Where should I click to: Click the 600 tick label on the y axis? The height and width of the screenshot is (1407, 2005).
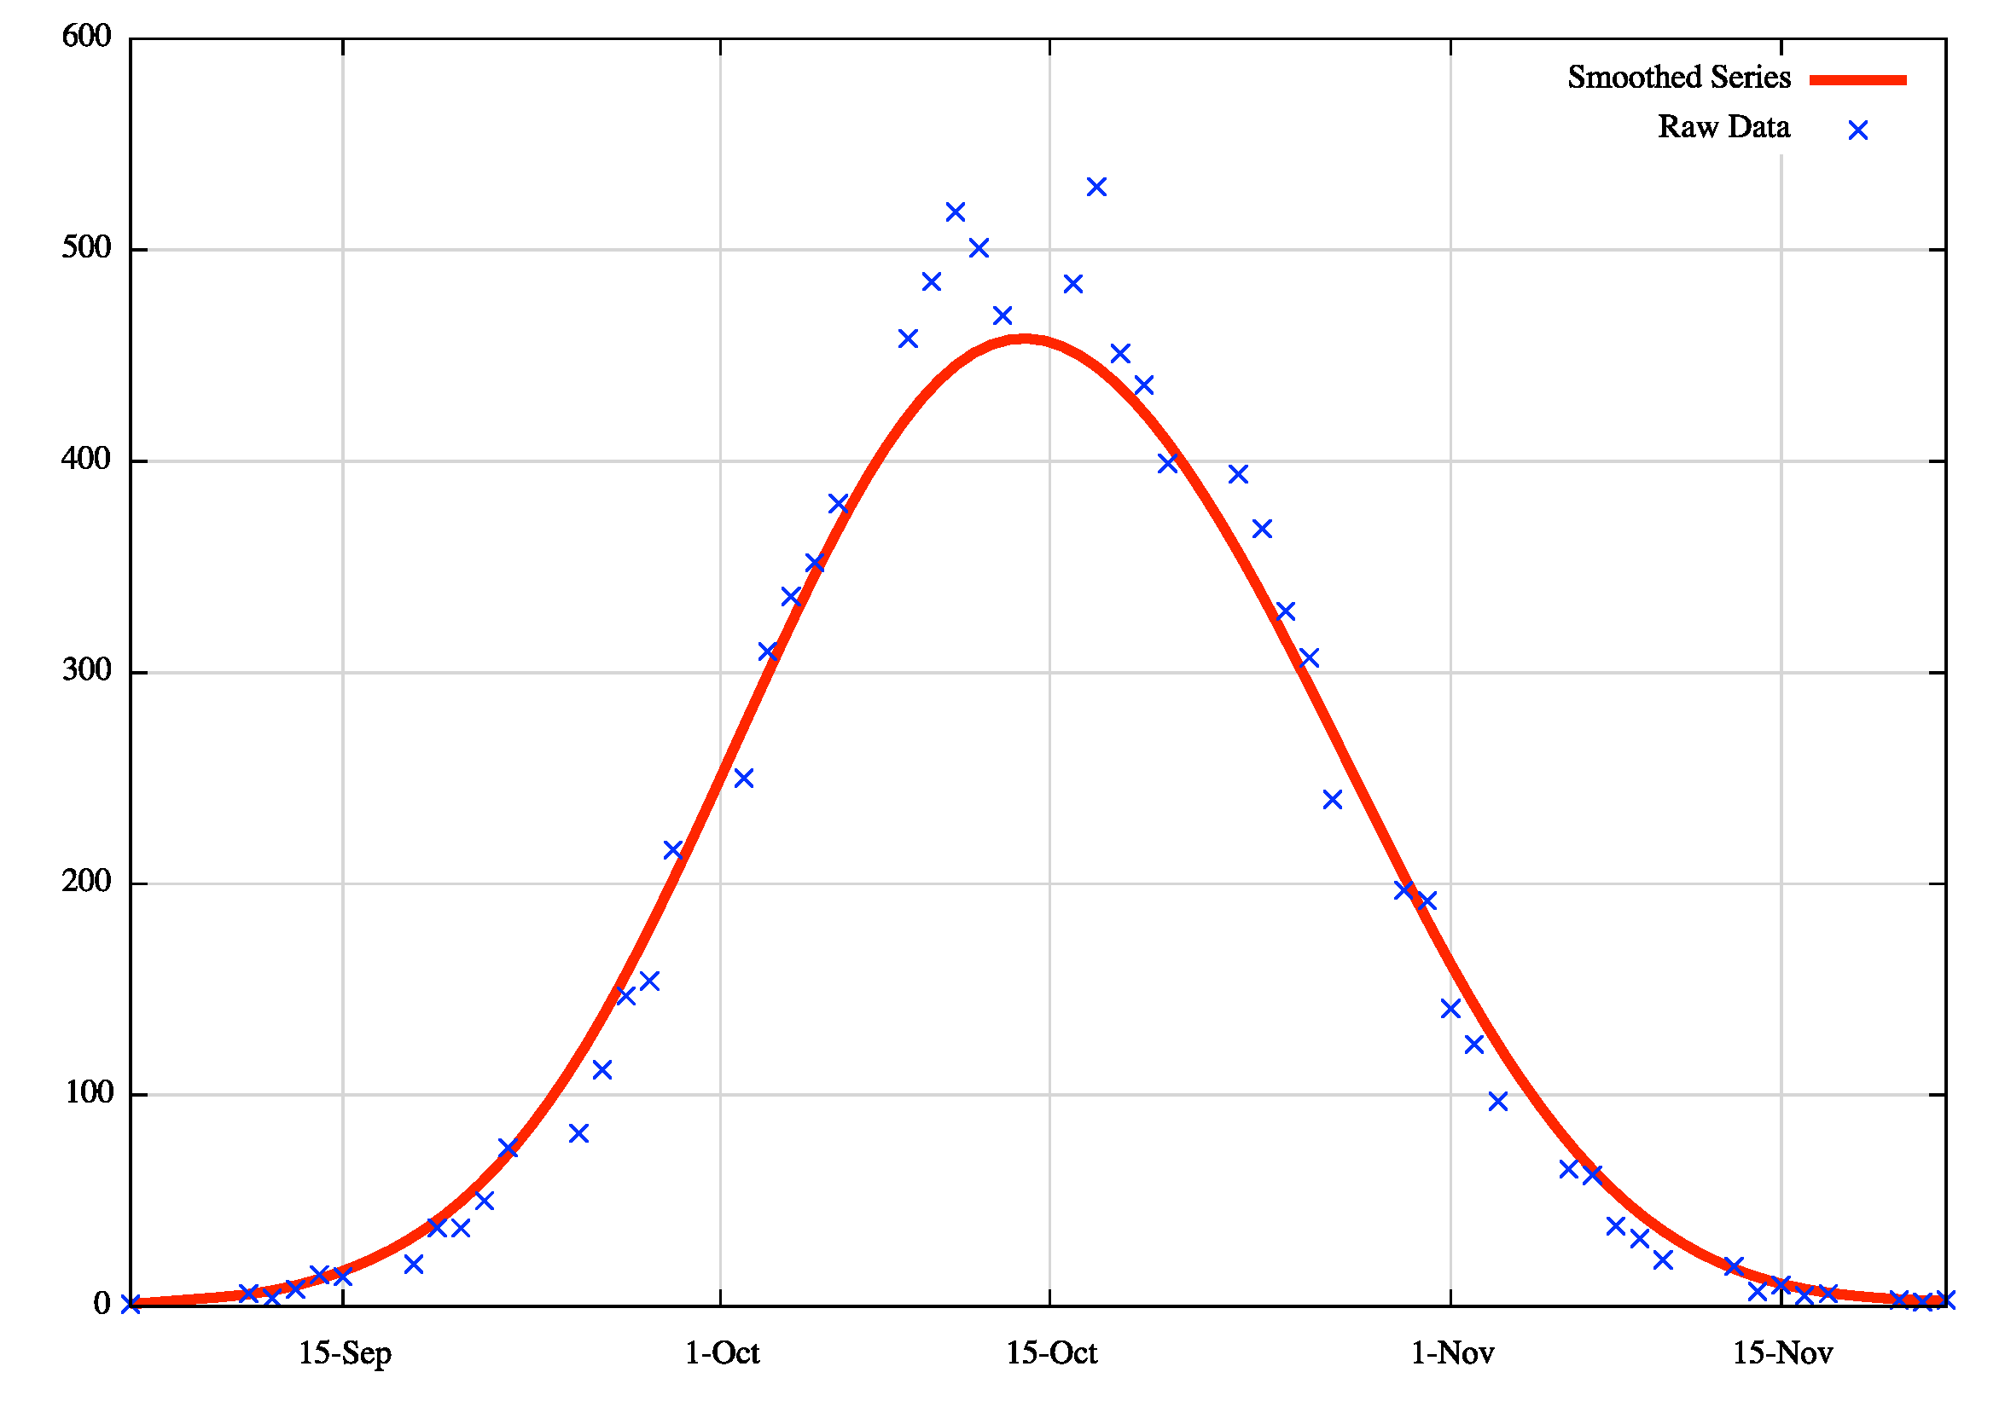click(x=86, y=37)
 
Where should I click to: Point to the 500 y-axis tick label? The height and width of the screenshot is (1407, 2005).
click(x=86, y=248)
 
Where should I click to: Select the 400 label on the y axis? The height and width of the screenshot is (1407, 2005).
click(x=86, y=459)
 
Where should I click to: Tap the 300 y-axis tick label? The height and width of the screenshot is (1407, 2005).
click(x=86, y=670)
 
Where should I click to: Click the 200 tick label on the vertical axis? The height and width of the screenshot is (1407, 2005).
click(x=86, y=882)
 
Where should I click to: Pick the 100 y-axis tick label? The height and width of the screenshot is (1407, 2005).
click(x=88, y=1093)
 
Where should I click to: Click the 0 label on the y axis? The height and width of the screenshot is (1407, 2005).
click(x=102, y=1304)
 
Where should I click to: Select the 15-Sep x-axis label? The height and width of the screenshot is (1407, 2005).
click(x=345, y=1354)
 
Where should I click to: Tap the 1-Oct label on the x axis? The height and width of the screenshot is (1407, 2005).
click(x=722, y=1354)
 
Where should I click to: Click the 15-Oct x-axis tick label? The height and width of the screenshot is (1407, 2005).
click(x=1051, y=1354)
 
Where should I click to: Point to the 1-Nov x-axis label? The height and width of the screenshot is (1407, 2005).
click(x=1452, y=1354)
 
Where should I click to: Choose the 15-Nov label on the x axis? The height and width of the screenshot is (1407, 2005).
click(x=1782, y=1354)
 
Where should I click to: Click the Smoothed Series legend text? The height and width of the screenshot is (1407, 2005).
click(x=1678, y=78)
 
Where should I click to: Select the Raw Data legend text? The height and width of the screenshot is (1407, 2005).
click(x=1723, y=127)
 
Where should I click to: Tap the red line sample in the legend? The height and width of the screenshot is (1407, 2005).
click(x=1857, y=79)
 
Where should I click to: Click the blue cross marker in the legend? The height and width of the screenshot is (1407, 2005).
click(x=1858, y=131)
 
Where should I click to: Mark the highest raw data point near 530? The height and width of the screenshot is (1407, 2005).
click(x=1097, y=187)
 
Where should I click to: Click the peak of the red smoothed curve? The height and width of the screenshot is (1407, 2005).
click(x=1025, y=339)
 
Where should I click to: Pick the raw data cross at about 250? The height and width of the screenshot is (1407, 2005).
click(x=744, y=779)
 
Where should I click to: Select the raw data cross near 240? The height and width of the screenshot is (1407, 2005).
click(x=1333, y=800)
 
